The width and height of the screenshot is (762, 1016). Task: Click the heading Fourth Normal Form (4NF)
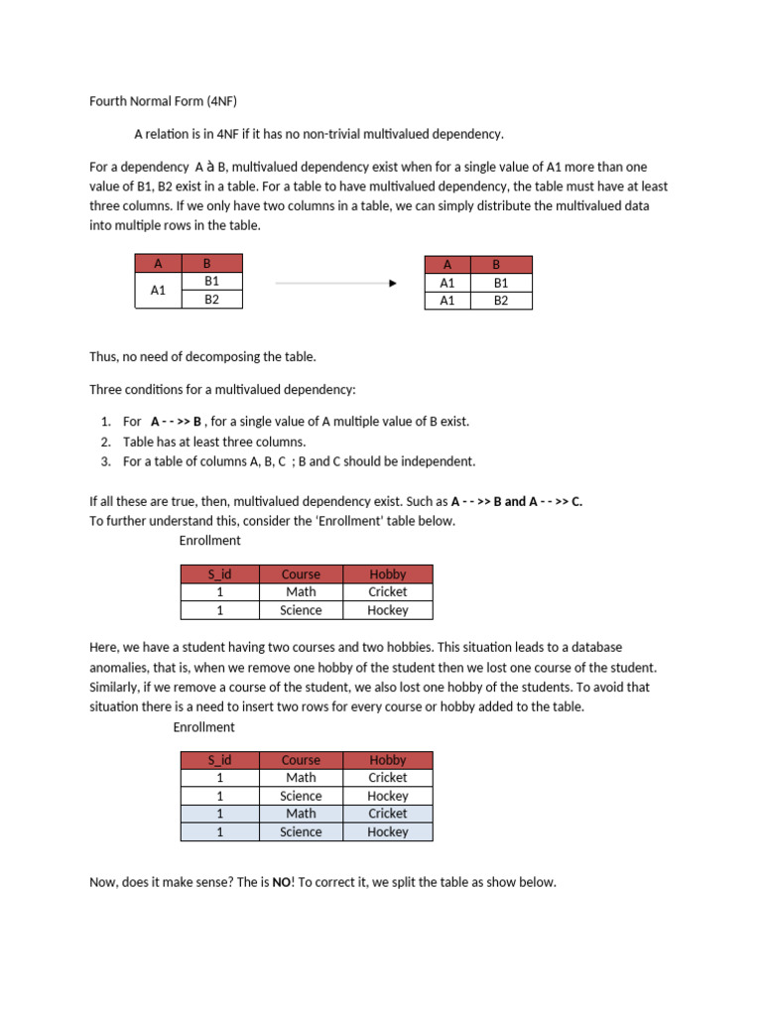(164, 100)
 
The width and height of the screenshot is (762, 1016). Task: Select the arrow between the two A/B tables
(335, 283)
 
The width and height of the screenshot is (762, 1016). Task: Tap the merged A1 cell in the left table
(158, 291)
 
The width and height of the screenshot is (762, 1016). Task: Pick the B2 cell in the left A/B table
(211, 300)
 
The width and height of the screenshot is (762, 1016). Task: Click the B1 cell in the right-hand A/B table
(500, 283)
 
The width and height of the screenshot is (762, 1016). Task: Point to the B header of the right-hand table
(500, 265)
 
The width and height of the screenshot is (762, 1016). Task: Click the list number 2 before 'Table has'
(105, 442)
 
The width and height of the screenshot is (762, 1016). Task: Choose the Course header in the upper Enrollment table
(301, 573)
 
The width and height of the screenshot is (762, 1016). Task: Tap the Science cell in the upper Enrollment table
(301, 610)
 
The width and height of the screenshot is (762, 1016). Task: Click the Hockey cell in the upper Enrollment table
(388, 610)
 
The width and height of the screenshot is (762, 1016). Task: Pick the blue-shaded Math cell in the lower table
(301, 814)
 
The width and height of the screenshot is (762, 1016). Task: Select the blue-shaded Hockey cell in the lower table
(388, 832)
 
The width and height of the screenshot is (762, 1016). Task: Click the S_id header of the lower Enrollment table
(219, 760)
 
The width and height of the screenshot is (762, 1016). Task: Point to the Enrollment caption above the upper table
(209, 541)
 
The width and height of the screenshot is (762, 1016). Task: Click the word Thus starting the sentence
(104, 356)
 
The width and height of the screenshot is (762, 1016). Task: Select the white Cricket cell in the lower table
(388, 778)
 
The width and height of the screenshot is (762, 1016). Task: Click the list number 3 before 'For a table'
(105, 461)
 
